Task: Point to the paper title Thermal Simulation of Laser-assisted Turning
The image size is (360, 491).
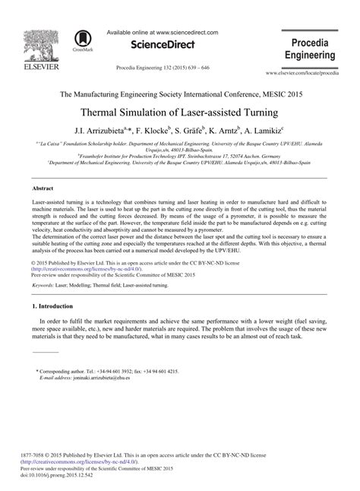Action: point(180,112)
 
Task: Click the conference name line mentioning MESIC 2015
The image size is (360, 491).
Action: point(180,94)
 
